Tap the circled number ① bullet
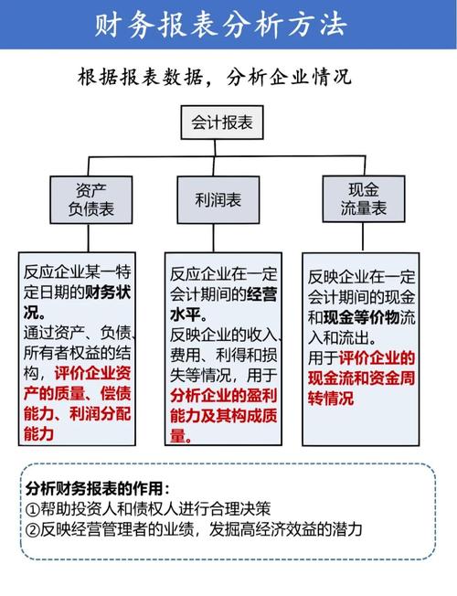[33, 508]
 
